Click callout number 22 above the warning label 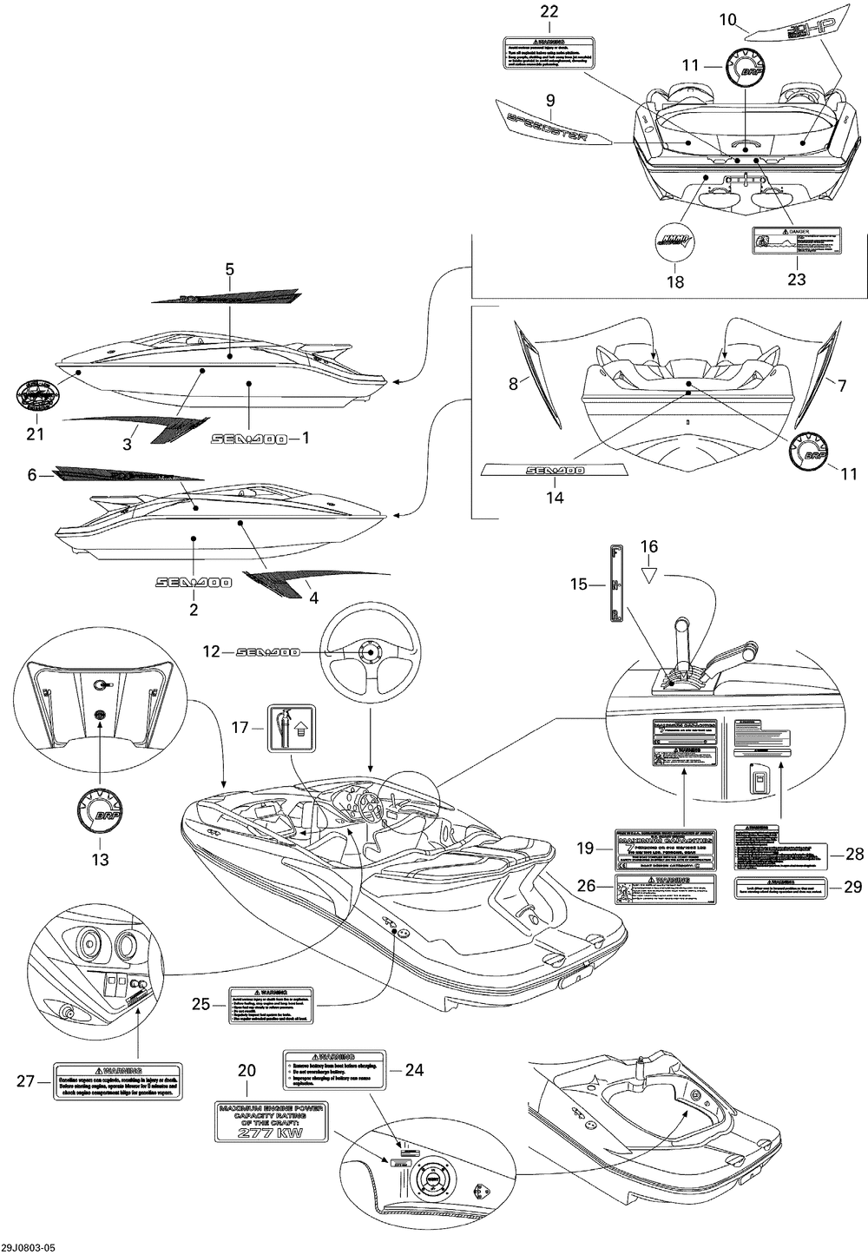[x=550, y=12]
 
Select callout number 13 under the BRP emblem [x=101, y=860]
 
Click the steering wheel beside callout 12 [x=371, y=654]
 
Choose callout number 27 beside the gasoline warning [x=25, y=1081]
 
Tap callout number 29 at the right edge [x=854, y=886]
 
